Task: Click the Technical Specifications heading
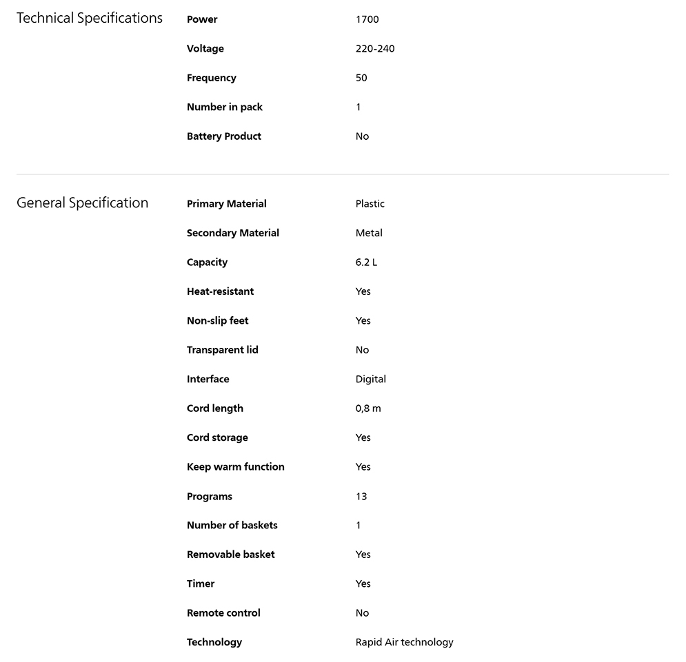click(x=90, y=19)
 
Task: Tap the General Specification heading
click(x=82, y=203)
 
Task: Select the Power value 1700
click(x=367, y=19)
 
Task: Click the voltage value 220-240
click(x=375, y=49)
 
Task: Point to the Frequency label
click(x=211, y=78)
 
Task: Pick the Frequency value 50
click(x=361, y=78)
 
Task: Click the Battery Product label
click(x=223, y=136)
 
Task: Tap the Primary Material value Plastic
click(x=370, y=204)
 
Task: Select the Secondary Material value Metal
click(x=369, y=233)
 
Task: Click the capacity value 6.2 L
click(x=366, y=262)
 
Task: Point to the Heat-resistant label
click(x=220, y=291)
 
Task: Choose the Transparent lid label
click(x=222, y=350)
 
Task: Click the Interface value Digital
click(x=370, y=379)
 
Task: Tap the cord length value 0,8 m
click(x=368, y=408)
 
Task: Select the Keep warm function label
click(x=235, y=467)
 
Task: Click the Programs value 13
click(x=361, y=496)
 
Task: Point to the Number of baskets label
click(x=232, y=525)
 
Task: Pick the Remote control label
click(x=223, y=613)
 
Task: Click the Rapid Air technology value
click(x=404, y=642)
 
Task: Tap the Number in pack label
click(x=224, y=107)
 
